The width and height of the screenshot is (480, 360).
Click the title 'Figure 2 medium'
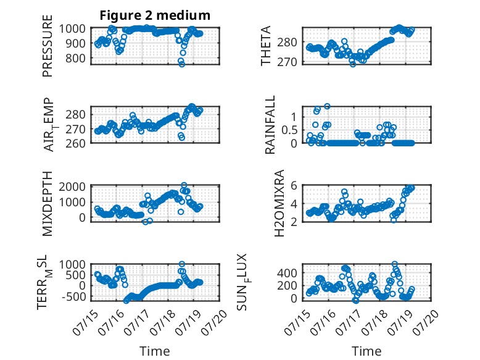coord(155,15)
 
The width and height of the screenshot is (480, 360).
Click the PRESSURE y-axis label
coord(48,46)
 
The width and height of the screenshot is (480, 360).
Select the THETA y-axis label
coord(266,46)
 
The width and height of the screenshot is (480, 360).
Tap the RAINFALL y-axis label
coord(270,125)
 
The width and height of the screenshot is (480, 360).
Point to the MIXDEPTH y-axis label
coord(48,204)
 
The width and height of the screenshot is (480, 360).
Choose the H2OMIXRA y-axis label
coord(279,203)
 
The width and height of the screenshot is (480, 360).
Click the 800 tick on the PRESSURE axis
coord(75,58)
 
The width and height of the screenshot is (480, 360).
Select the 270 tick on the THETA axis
coord(287,62)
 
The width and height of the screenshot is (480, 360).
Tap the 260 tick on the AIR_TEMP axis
coord(75,143)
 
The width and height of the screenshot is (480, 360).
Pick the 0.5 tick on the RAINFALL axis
coord(289,130)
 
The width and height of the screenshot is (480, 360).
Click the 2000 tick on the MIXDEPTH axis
coord(72,186)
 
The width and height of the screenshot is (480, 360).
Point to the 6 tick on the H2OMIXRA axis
coord(294,185)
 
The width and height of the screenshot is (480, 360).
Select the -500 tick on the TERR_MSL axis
coord(73,296)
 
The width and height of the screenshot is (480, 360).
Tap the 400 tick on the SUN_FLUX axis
coord(287,272)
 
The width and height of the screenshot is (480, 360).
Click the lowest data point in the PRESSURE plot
coord(182,64)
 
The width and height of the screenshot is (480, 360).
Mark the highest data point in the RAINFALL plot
coord(327,106)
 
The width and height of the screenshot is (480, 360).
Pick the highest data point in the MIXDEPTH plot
coord(184,185)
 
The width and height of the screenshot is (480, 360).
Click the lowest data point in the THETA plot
coord(353,64)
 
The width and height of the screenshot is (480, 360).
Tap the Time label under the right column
coord(366,351)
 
